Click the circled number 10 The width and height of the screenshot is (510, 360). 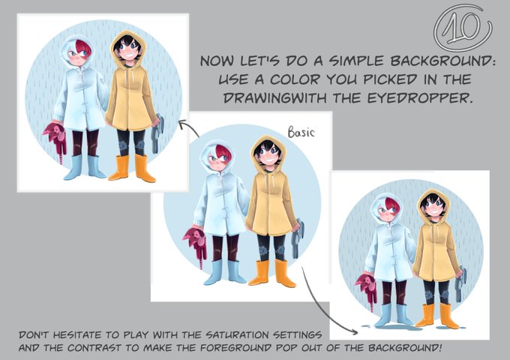coord(463,28)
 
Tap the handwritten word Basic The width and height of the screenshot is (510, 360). coord(301,132)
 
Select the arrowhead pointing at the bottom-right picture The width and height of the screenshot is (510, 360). coord(354,331)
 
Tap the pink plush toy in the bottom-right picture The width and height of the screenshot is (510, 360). coord(367,288)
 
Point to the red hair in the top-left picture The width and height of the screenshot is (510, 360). coord(82,47)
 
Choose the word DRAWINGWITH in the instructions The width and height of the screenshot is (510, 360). coord(275,98)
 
